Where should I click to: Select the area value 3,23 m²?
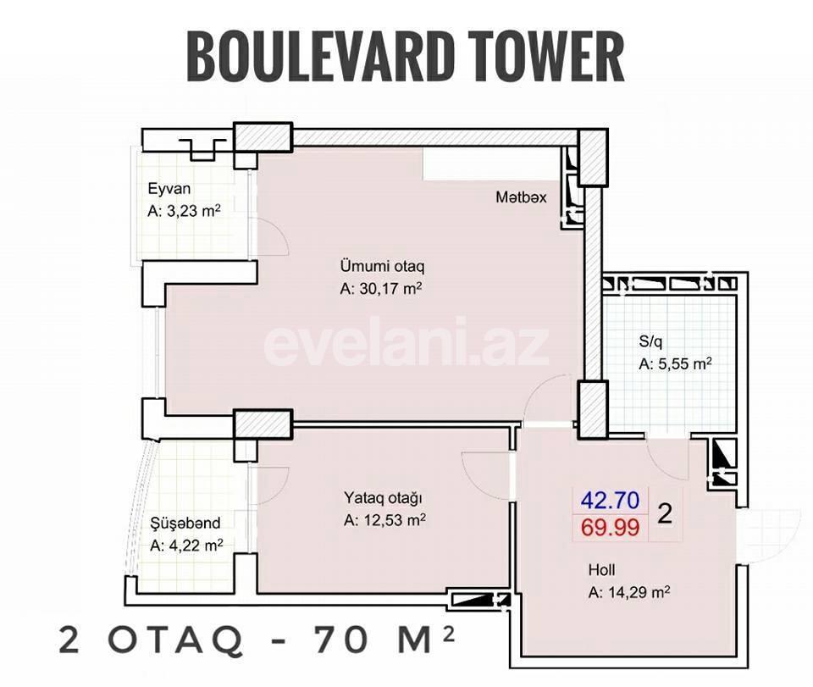point(192,211)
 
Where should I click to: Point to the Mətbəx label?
point(521,197)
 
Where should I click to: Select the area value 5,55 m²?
point(682,365)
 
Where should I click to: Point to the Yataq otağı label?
point(383,498)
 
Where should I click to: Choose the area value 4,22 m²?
point(194,546)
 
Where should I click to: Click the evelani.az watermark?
point(406,343)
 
